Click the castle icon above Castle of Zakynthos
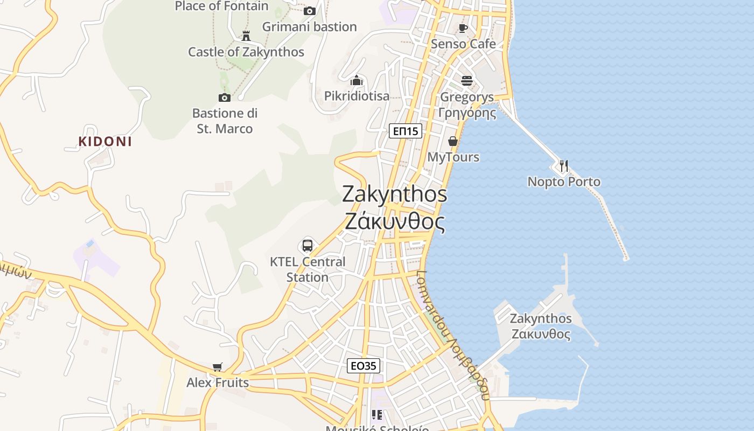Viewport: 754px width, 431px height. pyautogui.click(x=246, y=36)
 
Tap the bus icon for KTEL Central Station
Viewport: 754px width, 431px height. pyautogui.click(x=308, y=246)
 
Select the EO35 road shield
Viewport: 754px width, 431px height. pyautogui.click(x=364, y=366)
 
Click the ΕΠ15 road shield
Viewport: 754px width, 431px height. pyautogui.click(x=406, y=131)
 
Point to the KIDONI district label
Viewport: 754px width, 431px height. pyautogui.click(x=105, y=142)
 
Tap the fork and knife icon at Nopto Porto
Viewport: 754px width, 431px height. pyautogui.click(x=563, y=166)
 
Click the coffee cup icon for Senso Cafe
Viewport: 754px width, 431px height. pyautogui.click(x=463, y=28)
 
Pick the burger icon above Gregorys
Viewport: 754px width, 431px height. pyautogui.click(x=466, y=81)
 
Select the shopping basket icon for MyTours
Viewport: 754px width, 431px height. pyautogui.click(x=453, y=141)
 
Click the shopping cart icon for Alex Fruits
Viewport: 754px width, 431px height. pyautogui.click(x=218, y=367)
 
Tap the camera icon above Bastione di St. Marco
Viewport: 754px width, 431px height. pyautogui.click(x=225, y=98)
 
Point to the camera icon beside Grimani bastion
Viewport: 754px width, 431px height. pyautogui.click(x=309, y=11)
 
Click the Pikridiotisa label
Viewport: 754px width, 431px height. pyautogui.click(x=357, y=96)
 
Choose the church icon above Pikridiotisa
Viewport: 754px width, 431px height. pyautogui.click(x=357, y=81)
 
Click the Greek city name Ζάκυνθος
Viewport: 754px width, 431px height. pyautogui.click(x=395, y=222)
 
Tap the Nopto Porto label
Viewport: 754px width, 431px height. pyautogui.click(x=564, y=182)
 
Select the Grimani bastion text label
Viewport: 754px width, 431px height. pyautogui.click(x=310, y=26)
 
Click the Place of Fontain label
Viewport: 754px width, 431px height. pyautogui.click(x=222, y=6)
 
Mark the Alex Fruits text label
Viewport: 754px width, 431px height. pyautogui.click(x=218, y=383)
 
